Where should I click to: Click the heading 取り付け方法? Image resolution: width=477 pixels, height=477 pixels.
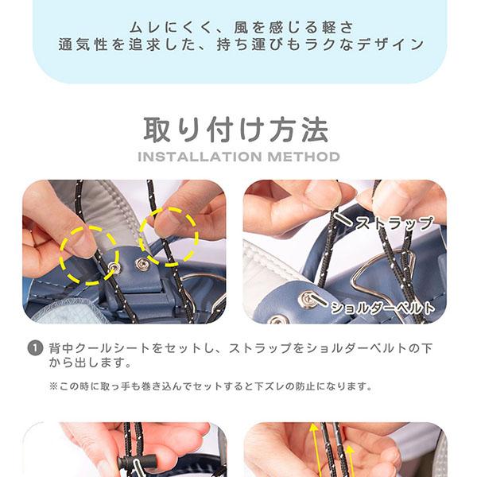point(236,130)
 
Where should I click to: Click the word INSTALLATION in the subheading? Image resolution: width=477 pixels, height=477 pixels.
point(200,157)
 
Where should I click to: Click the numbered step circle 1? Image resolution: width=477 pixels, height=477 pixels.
point(35,348)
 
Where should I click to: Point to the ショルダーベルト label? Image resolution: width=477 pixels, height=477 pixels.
point(382,308)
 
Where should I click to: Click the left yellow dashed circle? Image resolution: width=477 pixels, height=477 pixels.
point(88,255)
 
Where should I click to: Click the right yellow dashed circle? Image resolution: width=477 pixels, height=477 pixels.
point(169,237)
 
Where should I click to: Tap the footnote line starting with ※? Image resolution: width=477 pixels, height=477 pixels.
point(211,386)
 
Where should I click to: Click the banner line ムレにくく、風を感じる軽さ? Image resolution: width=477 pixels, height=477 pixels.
point(241,27)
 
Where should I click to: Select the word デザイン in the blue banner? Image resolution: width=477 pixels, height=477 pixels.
point(390,45)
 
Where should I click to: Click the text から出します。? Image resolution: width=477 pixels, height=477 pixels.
point(90,363)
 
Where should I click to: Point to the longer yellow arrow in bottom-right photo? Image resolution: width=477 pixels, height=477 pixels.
point(315,450)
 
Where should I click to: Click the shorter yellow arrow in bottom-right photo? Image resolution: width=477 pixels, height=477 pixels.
point(351,461)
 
